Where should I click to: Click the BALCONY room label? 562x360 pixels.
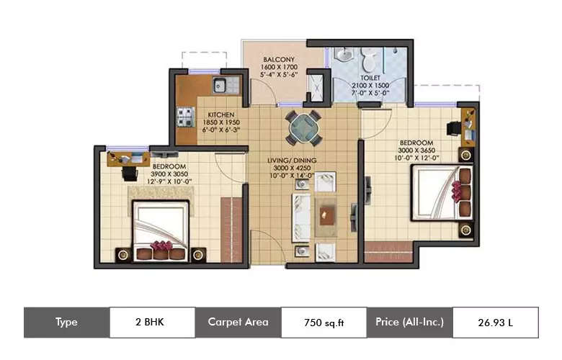[277, 59]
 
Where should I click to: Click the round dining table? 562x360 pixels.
[302, 129]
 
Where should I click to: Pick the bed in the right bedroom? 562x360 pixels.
[441, 193]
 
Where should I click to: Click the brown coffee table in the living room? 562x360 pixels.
[327, 210]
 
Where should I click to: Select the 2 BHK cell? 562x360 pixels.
[151, 323]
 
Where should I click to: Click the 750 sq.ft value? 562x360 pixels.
[324, 323]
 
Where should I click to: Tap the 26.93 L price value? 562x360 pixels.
[495, 323]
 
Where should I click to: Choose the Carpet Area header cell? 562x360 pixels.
[238, 323]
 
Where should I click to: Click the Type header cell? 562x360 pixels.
[66, 323]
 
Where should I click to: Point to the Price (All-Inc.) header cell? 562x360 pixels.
[409, 323]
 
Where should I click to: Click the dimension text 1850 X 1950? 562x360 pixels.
[222, 123]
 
